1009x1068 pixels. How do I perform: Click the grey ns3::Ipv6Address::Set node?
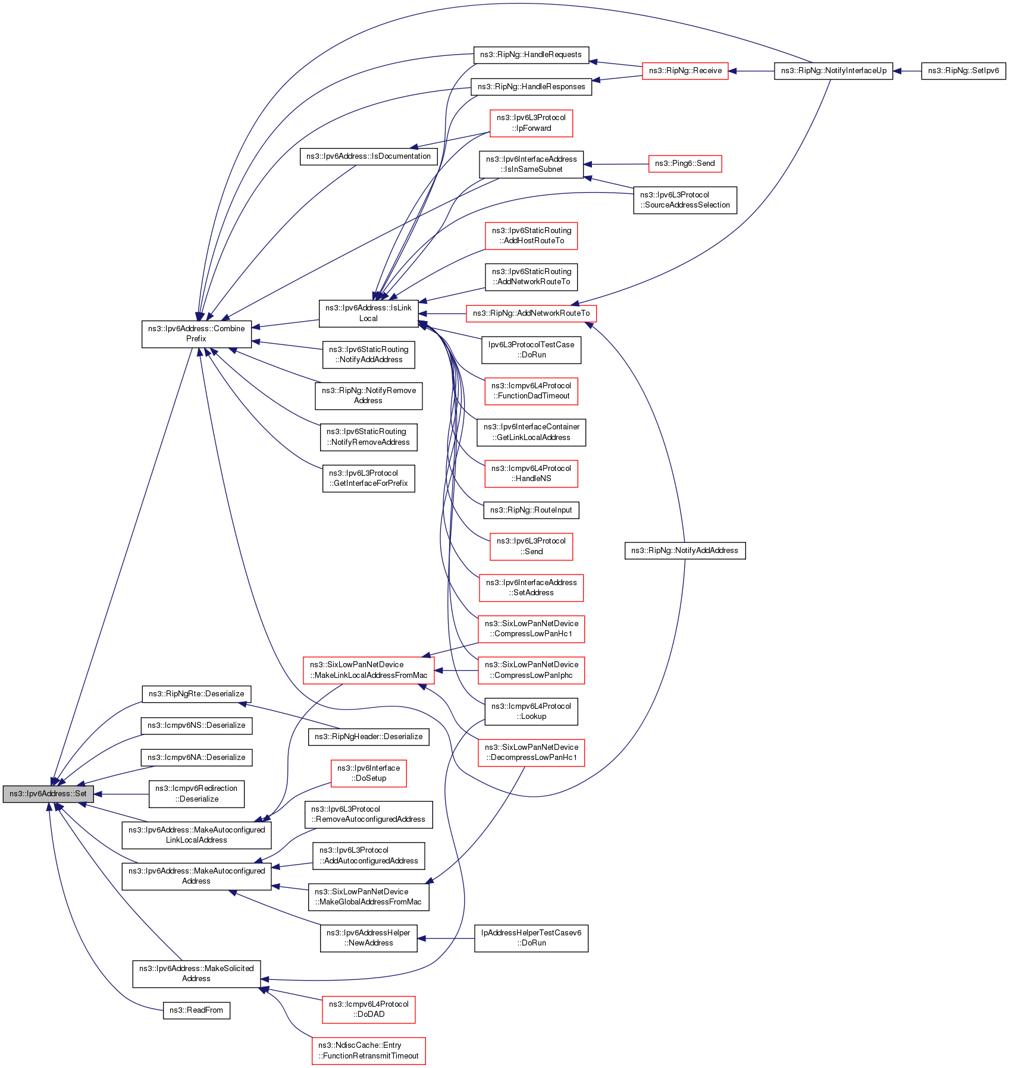point(48,794)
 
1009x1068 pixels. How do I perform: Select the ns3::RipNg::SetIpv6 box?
point(963,71)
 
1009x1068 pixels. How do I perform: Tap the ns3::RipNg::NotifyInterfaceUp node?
point(833,71)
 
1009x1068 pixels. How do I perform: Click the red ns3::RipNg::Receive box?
point(685,71)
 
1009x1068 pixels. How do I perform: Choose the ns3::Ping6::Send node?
point(684,164)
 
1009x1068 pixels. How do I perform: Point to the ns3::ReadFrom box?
point(196,1010)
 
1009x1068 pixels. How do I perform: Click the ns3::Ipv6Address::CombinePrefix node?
point(196,334)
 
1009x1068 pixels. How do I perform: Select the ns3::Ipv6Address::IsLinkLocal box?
point(368,313)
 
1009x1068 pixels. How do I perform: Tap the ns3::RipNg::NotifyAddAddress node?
point(684,551)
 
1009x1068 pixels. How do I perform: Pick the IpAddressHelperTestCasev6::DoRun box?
point(531,938)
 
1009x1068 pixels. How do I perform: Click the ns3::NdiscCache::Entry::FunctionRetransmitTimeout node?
point(368,1051)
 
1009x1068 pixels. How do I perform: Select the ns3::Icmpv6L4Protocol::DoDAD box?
point(368,1009)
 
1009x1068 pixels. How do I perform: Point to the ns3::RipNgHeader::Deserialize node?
point(368,737)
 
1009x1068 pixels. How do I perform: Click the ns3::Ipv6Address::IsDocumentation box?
point(368,156)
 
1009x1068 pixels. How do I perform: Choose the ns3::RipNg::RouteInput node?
point(531,510)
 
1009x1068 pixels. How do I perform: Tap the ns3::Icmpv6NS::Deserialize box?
point(196,725)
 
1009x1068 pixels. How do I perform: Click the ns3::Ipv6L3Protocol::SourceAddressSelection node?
point(684,200)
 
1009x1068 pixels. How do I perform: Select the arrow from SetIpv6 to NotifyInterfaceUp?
point(907,71)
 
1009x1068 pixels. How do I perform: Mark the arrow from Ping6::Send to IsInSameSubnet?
point(616,164)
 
